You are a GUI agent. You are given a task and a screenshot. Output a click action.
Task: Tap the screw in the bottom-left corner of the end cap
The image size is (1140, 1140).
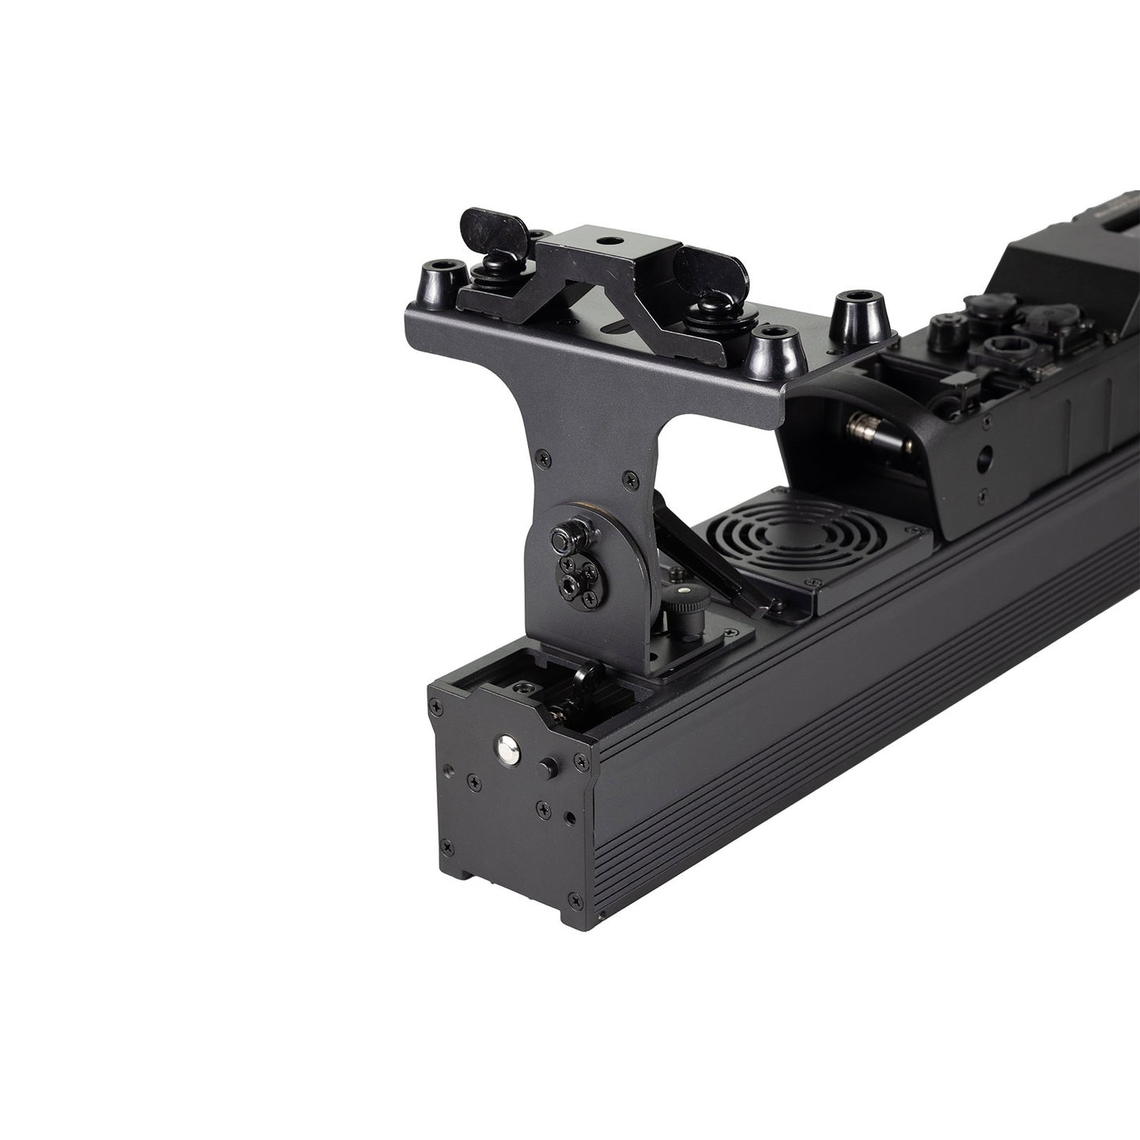pyautogui.click(x=448, y=846)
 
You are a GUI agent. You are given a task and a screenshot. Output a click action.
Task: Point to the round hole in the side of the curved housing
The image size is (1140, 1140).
pyautogui.click(x=984, y=457)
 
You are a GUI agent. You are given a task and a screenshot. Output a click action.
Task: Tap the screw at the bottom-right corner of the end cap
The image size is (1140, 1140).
pyautogui.click(x=600, y=916)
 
